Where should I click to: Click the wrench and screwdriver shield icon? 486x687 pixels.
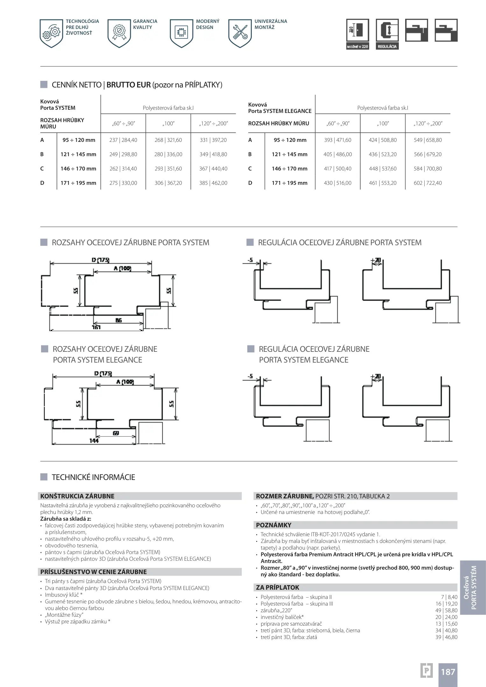pyautogui.click(x=240, y=33)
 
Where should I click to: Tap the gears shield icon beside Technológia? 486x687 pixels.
pyautogui.click(x=51, y=33)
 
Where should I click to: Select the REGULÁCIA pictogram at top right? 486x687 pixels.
pyautogui.click(x=387, y=34)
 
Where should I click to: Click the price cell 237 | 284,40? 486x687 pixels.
pyautogui.click(x=123, y=140)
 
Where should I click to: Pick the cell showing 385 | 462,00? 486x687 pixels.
pyautogui.click(x=213, y=183)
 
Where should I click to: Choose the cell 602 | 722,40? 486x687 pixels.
pyautogui.click(x=428, y=183)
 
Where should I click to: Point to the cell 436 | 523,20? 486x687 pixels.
pyautogui.click(x=383, y=154)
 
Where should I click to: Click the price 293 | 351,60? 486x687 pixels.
pyautogui.click(x=168, y=169)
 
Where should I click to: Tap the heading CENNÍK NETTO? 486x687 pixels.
pyautogui.click(x=76, y=85)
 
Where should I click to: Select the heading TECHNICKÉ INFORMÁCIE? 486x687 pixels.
pyautogui.click(x=93, y=477)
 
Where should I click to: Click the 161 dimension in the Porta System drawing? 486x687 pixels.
pyautogui.click(x=96, y=327)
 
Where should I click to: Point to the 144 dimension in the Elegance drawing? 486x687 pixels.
pyautogui.click(x=94, y=441)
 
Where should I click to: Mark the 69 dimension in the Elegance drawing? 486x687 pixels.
pyautogui.click(x=116, y=433)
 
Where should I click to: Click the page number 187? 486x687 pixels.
pyautogui.click(x=448, y=672)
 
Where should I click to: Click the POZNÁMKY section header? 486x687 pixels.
pyautogui.click(x=274, y=525)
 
